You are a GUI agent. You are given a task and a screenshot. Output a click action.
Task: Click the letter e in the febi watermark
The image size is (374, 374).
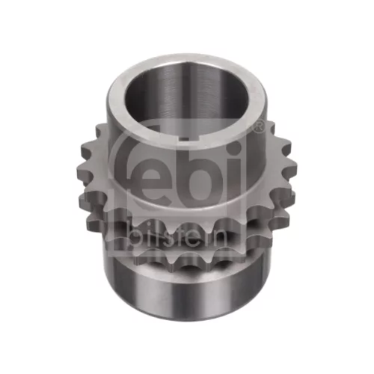click(x=146, y=175)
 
